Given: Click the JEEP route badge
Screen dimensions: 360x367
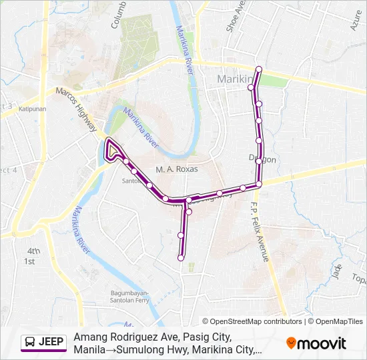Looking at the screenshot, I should pos(43,343).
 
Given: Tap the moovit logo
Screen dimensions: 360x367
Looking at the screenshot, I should pos(316,343).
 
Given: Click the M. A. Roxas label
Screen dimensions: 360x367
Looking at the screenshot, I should pos(177,169).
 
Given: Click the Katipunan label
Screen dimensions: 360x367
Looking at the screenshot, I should pos(31,108).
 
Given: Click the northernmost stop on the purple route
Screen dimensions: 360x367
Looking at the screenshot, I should pos(258,69).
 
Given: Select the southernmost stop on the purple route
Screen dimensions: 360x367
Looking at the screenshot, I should pos(181,258).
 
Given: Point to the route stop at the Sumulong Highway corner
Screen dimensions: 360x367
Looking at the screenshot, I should pos(259,184).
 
